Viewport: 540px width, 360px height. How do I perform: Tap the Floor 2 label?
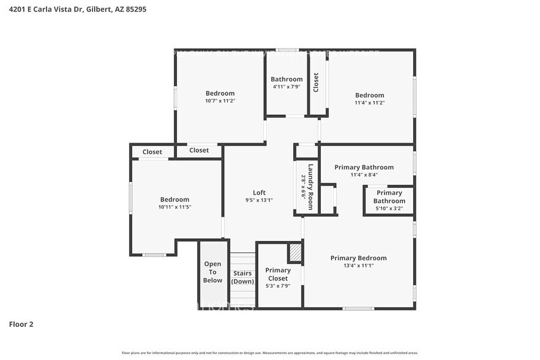click(x=21, y=324)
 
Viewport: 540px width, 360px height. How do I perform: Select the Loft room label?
click(x=259, y=192)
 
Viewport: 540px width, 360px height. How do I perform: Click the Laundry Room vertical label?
click(x=311, y=187)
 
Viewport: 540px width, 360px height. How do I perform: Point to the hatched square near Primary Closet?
click(x=295, y=253)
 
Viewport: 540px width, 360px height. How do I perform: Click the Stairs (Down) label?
click(x=242, y=277)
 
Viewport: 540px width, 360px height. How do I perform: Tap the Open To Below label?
click(x=212, y=272)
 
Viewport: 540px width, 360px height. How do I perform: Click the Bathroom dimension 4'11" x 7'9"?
click(x=287, y=87)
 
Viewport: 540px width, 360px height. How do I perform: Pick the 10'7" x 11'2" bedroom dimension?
click(x=220, y=101)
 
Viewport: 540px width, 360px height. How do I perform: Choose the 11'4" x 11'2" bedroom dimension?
click(x=370, y=103)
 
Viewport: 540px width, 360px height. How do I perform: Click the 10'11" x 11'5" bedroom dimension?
click(x=174, y=207)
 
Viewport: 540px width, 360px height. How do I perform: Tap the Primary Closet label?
click(x=278, y=274)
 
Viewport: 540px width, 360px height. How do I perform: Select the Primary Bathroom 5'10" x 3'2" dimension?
click(x=389, y=209)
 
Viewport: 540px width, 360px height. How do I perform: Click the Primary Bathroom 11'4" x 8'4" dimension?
click(x=364, y=175)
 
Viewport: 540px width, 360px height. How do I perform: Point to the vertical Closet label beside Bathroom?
click(x=316, y=82)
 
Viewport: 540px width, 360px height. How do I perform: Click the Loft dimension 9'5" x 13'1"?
click(x=259, y=200)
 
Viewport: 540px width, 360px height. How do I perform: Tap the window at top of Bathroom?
click(x=287, y=50)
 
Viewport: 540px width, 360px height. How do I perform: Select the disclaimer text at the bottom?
click(x=269, y=353)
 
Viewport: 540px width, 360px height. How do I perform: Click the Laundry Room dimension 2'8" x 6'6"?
click(x=302, y=187)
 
